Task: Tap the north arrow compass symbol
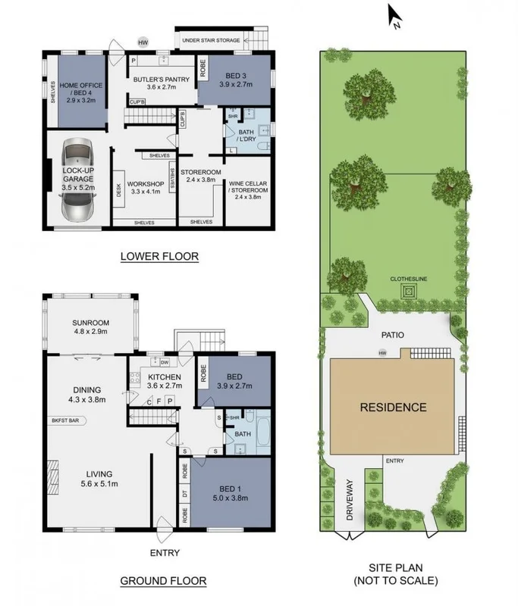click(x=394, y=15)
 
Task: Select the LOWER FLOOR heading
click(x=159, y=257)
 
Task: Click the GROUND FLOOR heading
click(x=163, y=581)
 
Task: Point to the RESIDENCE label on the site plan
click(x=393, y=408)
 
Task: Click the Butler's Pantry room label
click(x=155, y=83)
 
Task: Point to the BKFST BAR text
click(x=68, y=420)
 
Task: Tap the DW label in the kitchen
click(x=165, y=363)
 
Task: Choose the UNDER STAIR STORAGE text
click(x=210, y=39)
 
